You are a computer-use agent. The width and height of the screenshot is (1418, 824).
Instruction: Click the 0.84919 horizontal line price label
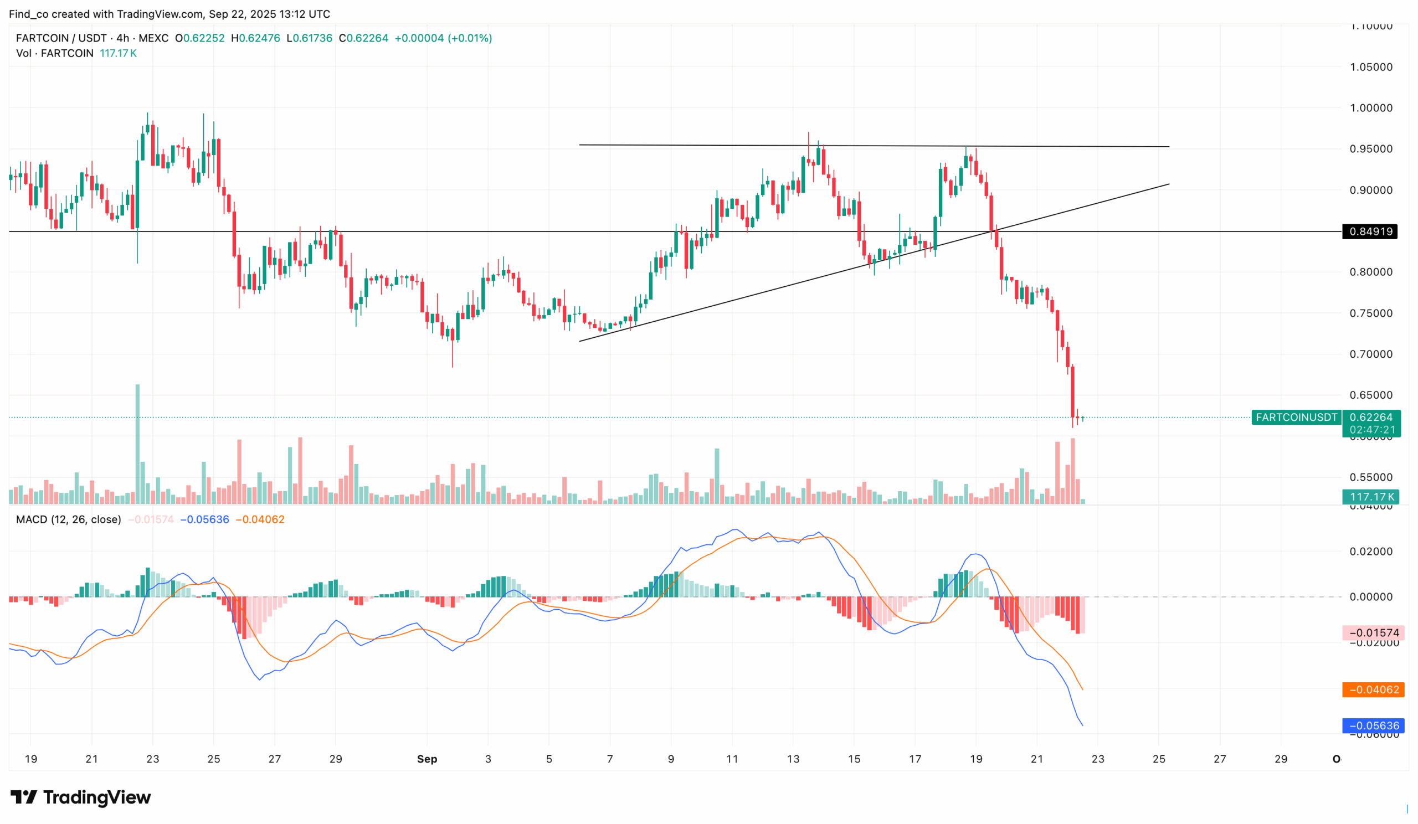click(x=1370, y=231)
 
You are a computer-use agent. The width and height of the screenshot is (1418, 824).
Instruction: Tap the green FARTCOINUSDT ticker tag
click(x=1296, y=418)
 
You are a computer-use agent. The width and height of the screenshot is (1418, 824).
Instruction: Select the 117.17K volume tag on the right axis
click(x=1371, y=497)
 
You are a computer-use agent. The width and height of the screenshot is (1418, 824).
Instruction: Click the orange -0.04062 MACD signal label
click(x=1374, y=689)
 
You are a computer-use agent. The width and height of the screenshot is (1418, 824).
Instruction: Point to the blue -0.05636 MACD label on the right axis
click(x=1374, y=725)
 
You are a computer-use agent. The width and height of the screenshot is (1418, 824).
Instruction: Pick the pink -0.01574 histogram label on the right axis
click(x=1374, y=633)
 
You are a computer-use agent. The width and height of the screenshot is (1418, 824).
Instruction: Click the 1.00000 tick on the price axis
click(x=1371, y=108)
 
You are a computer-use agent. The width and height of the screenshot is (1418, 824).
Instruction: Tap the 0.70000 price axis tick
click(x=1371, y=354)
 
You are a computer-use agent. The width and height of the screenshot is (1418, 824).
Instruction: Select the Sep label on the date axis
click(x=427, y=759)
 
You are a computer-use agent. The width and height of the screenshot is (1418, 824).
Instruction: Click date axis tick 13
click(x=793, y=759)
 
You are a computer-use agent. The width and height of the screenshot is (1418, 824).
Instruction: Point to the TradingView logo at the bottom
click(x=80, y=797)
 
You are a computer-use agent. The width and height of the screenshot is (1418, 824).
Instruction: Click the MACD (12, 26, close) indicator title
click(x=69, y=519)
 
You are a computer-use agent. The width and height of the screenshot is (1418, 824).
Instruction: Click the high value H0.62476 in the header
click(x=255, y=38)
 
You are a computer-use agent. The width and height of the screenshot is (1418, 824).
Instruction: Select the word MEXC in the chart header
click(x=153, y=38)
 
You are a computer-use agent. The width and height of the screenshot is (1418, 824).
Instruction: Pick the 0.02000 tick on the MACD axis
click(x=1371, y=551)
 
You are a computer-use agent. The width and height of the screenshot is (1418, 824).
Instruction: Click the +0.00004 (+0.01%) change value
click(x=443, y=38)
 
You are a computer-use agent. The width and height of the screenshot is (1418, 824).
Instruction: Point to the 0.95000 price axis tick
click(x=1371, y=149)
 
